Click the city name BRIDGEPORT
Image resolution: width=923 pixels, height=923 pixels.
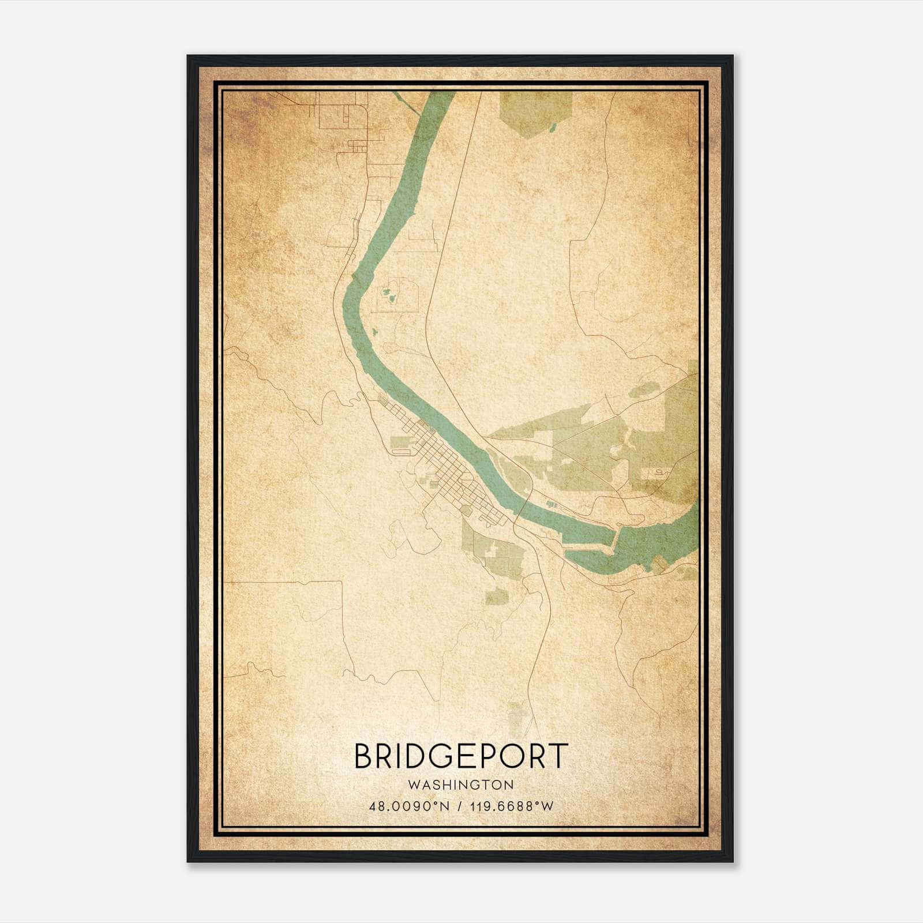pos(461,756)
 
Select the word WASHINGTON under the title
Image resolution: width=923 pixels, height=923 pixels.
pos(460,785)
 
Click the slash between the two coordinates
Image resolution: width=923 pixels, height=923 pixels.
pos(459,806)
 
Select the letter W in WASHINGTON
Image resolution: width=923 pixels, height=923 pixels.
pos(412,785)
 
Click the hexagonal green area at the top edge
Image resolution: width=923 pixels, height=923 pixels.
pos(535,112)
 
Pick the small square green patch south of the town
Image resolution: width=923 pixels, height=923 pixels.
pos(494,596)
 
